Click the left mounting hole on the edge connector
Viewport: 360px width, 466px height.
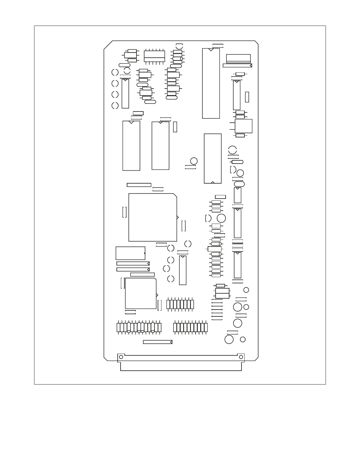[x=121, y=357]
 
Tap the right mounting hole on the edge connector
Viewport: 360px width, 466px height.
[x=241, y=357]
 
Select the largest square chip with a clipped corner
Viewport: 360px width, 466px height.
[x=153, y=217]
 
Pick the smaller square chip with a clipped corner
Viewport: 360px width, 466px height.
[x=141, y=294]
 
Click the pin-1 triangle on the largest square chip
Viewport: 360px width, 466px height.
[x=177, y=217]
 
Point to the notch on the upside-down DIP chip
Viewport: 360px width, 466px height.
[x=213, y=182]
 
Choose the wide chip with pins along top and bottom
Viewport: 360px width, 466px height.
[x=154, y=56]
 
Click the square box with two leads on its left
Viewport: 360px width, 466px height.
[x=244, y=126]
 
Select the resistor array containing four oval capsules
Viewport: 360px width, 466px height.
[x=139, y=328]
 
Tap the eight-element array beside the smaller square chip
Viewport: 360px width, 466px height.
[x=180, y=304]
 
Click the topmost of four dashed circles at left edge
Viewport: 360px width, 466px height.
[x=115, y=72]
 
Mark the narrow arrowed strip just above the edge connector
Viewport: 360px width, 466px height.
[x=157, y=342]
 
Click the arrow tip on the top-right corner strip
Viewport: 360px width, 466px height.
[x=251, y=65]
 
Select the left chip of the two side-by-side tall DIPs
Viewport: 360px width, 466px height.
[x=131, y=145]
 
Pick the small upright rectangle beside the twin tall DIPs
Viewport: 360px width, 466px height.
[x=175, y=127]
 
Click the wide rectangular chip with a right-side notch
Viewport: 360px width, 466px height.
[x=130, y=253]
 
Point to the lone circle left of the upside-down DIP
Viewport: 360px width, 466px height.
[x=194, y=161]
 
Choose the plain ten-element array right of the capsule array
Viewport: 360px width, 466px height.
[x=191, y=328]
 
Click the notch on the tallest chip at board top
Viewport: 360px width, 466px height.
[x=211, y=49]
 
